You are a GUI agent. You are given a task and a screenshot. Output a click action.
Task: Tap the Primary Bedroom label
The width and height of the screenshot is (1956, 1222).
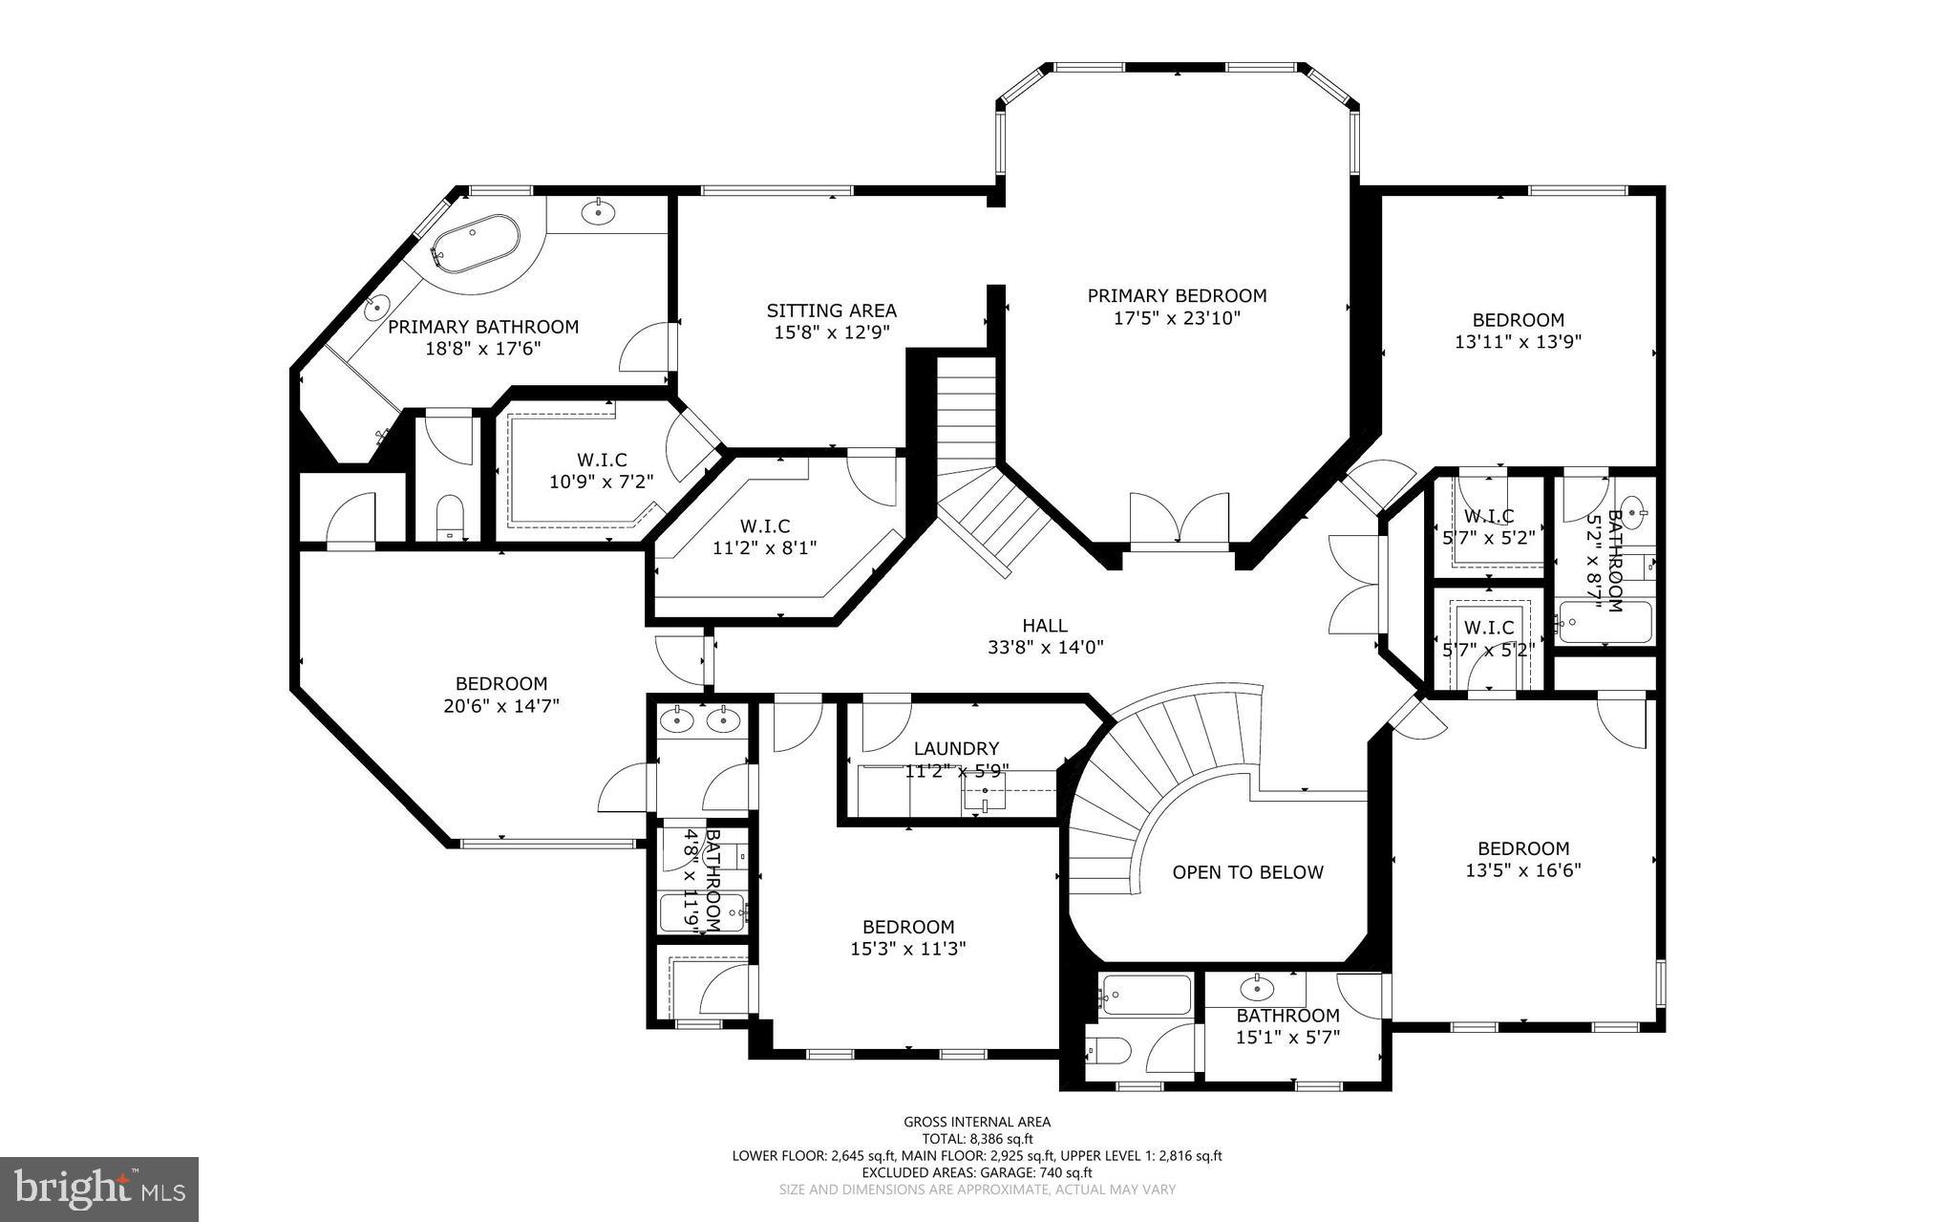[1177, 296]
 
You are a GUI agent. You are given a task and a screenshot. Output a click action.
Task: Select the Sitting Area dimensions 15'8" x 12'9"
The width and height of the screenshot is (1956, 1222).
[831, 332]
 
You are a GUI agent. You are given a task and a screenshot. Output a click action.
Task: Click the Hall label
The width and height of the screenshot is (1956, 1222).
[1045, 626]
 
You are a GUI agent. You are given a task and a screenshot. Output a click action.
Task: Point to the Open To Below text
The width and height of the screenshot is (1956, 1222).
[1247, 872]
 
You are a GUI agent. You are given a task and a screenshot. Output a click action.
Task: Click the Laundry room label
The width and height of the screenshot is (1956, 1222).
[956, 749]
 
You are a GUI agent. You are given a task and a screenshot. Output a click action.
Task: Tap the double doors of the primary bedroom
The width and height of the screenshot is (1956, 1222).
[1180, 521]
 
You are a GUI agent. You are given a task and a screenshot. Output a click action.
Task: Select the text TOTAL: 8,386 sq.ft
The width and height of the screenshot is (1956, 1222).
[977, 1139]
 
